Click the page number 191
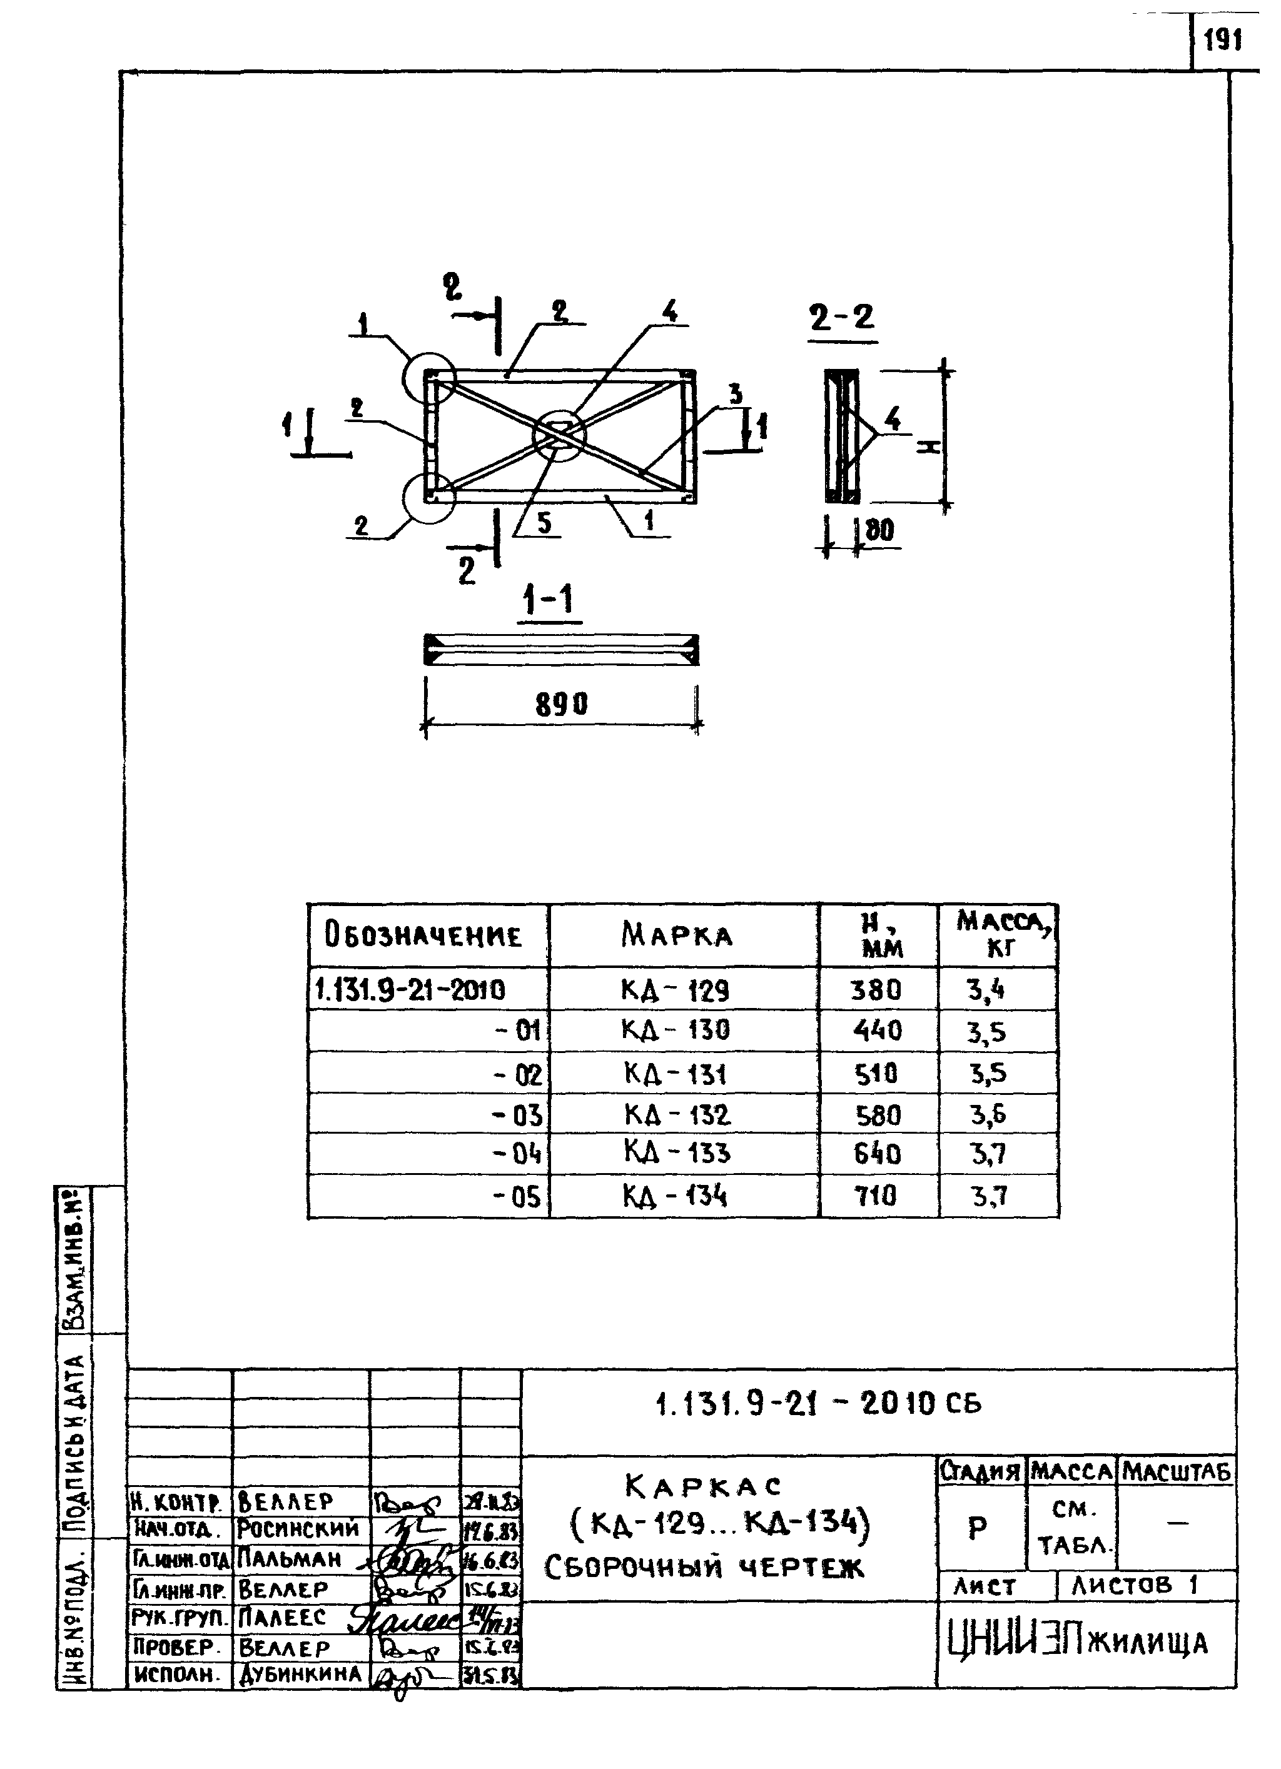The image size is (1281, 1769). click(1222, 40)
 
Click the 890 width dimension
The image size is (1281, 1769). click(561, 704)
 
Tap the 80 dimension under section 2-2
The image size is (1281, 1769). click(879, 530)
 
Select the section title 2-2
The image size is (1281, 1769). click(842, 318)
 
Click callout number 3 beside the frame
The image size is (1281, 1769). click(735, 394)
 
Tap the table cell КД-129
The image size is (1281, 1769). click(676, 990)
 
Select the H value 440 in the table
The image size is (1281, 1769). click(878, 1031)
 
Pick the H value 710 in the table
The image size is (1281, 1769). click(876, 1196)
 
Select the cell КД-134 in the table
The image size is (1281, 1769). click(676, 1196)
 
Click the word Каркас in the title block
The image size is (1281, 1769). click(703, 1486)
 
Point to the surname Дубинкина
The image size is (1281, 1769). click(300, 1675)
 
